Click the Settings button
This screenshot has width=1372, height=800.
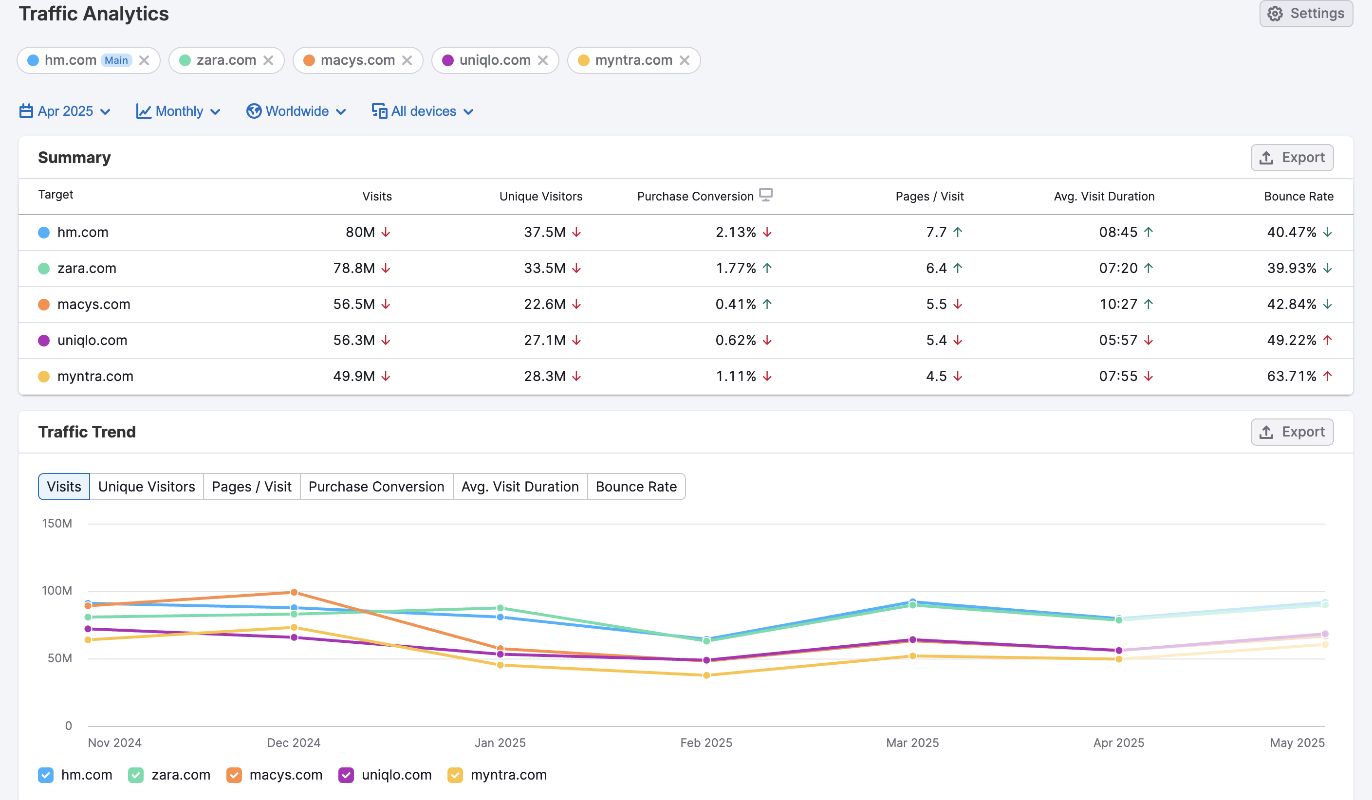pyautogui.click(x=1306, y=14)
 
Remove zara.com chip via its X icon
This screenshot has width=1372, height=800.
pyautogui.click(x=268, y=60)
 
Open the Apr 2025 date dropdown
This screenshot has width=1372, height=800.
pyautogui.click(x=65, y=111)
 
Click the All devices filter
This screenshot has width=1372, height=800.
pyautogui.click(x=423, y=111)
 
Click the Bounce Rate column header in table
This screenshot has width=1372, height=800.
pyautogui.click(x=1298, y=197)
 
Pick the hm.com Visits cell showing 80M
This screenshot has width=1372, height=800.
pyautogui.click(x=360, y=233)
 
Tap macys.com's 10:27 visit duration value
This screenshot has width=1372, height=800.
pyautogui.click(x=1118, y=304)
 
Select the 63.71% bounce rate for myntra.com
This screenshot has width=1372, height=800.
pyautogui.click(x=1291, y=376)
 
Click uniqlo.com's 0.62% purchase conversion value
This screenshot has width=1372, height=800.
pyautogui.click(x=735, y=340)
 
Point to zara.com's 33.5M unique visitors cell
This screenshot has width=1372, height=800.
pyautogui.click(x=544, y=268)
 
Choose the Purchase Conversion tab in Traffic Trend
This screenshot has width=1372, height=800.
pyautogui.click(x=376, y=487)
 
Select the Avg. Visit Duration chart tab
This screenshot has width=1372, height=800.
pyautogui.click(x=519, y=487)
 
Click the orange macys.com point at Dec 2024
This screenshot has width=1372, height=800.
pyautogui.click(x=294, y=592)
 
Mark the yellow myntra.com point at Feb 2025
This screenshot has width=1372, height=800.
pyautogui.click(x=706, y=675)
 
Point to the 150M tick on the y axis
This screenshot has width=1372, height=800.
pyautogui.click(x=57, y=524)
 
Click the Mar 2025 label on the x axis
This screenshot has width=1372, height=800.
pyautogui.click(x=912, y=743)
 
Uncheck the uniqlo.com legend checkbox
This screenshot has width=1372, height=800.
pyautogui.click(x=346, y=775)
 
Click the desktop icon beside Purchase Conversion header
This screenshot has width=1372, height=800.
pyautogui.click(x=765, y=194)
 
